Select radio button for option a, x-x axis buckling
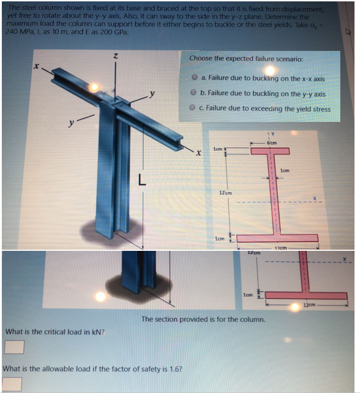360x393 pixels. click(195, 78)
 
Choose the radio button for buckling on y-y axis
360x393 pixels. click(195, 93)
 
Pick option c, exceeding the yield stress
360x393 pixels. click(194, 108)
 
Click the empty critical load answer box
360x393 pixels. click(14, 347)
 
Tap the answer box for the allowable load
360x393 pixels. click(12, 383)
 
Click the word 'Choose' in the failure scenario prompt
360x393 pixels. click(201, 58)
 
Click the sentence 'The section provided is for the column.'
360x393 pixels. click(203, 319)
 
